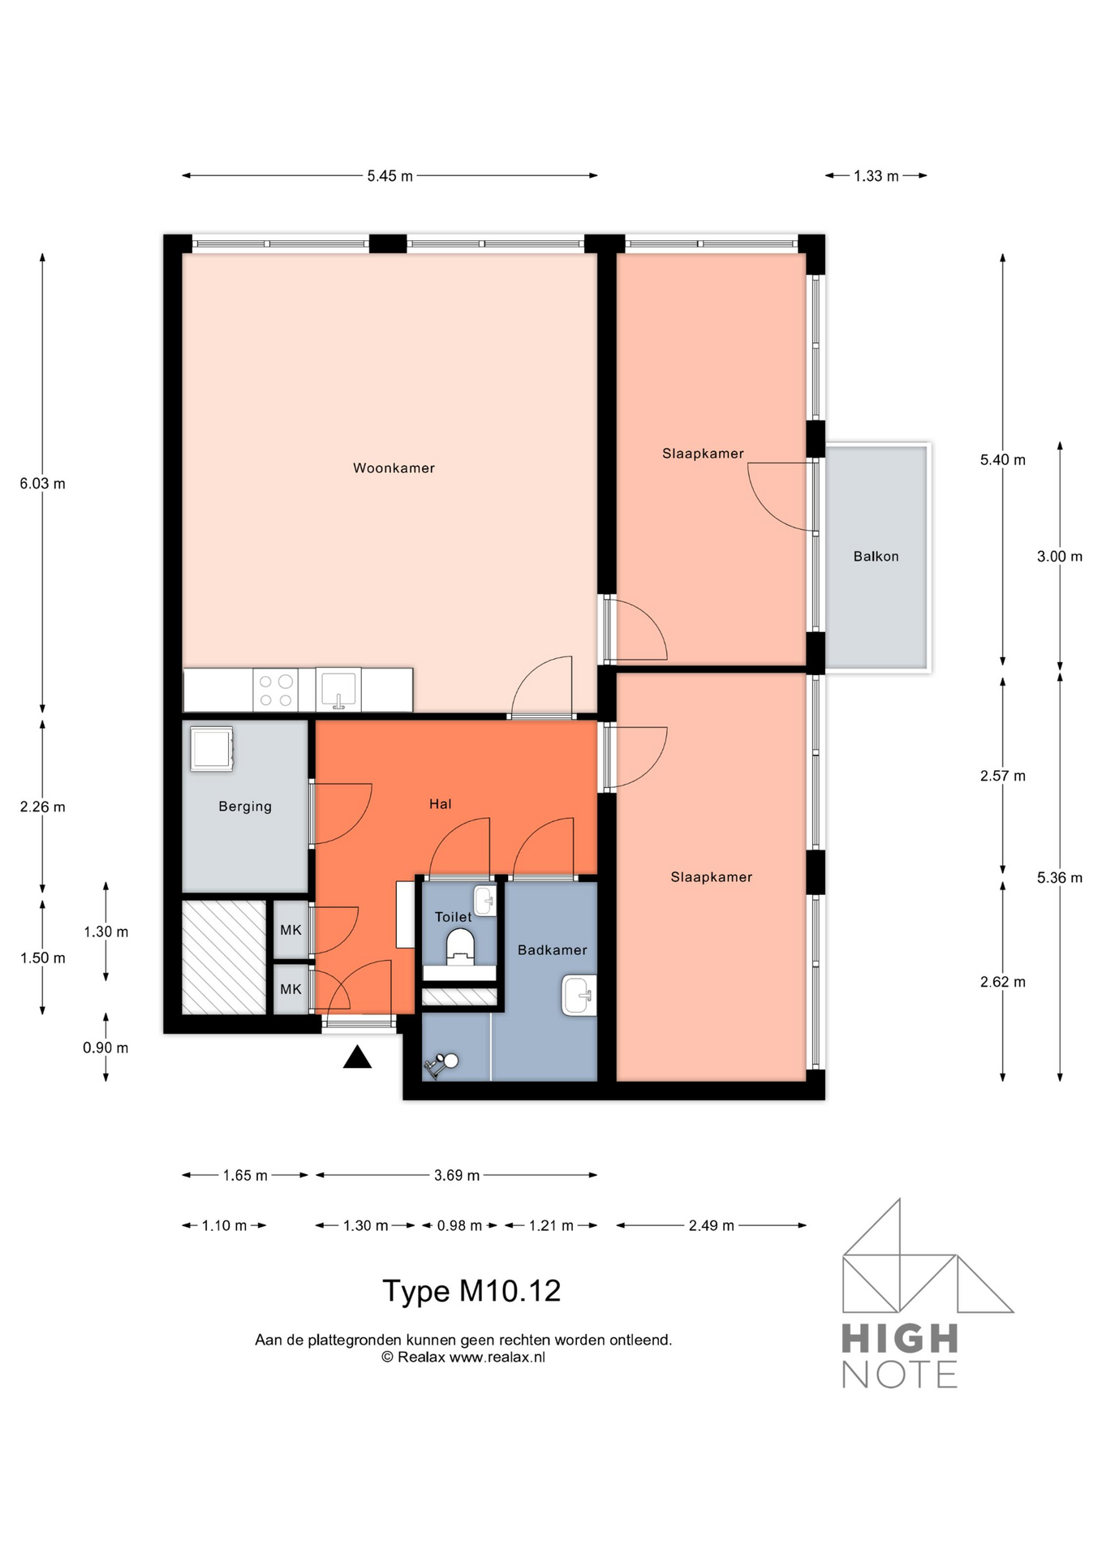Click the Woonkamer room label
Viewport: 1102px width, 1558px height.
coord(394,468)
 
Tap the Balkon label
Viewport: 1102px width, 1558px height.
coord(876,557)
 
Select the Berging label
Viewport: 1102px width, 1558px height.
coord(245,807)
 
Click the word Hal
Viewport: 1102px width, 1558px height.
coord(440,804)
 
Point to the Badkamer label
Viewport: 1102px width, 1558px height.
coord(552,950)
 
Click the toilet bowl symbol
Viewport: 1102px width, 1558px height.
coord(460,947)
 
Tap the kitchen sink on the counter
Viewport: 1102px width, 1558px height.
coord(338,690)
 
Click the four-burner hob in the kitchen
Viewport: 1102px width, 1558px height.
coord(275,690)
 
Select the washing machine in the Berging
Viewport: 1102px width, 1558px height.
coord(212,748)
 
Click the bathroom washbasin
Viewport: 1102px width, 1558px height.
coord(579,995)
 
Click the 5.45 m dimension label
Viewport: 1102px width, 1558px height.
coord(390,176)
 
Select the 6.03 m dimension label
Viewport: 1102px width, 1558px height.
coord(43,484)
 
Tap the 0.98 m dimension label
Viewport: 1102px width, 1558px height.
coord(459,1225)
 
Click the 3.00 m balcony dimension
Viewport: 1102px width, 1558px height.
coord(1060,557)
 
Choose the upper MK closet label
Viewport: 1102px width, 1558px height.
coord(291,930)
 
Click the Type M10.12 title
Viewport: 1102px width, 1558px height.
coord(471,1291)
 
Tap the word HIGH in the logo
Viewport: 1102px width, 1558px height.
coord(899,1338)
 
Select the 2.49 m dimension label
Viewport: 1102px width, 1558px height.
coord(712,1225)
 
